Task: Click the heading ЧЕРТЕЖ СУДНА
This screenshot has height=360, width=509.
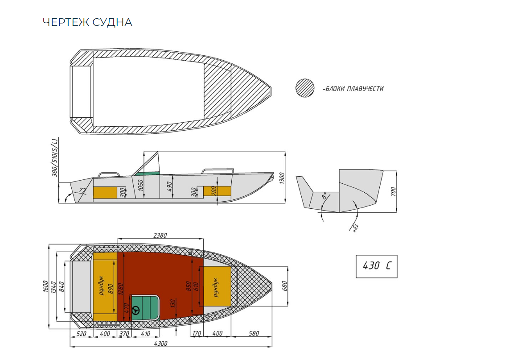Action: coord(87,22)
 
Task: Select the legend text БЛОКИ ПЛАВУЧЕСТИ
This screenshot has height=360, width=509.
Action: coord(354,88)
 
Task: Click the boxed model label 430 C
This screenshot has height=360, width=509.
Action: coord(376,266)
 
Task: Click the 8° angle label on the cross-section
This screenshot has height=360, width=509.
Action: coord(324,197)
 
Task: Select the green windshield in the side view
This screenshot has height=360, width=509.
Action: coord(148,174)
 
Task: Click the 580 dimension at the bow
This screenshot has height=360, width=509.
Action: coord(254,333)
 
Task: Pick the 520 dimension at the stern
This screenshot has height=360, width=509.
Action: coord(81,333)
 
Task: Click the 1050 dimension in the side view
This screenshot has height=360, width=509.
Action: coord(140,185)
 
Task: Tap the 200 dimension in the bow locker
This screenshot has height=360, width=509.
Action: coord(214,191)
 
